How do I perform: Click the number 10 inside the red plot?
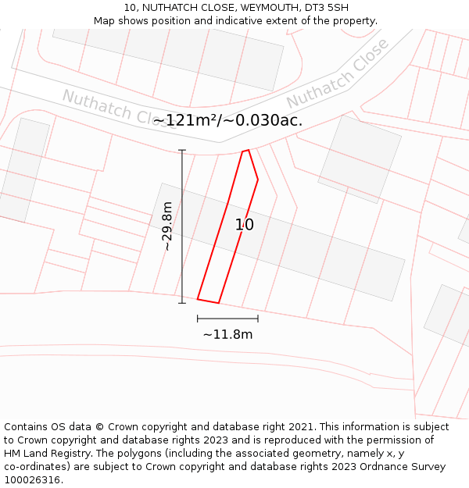tap(245, 225)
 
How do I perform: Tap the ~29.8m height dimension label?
tap(166, 226)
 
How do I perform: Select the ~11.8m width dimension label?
tap(227, 334)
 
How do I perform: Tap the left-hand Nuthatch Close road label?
tap(109, 107)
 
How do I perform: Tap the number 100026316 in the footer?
tap(31, 480)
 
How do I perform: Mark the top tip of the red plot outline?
tap(248, 150)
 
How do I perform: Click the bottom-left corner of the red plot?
tap(198, 299)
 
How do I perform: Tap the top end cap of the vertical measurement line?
tap(182, 150)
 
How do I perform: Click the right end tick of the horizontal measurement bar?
tap(258, 319)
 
